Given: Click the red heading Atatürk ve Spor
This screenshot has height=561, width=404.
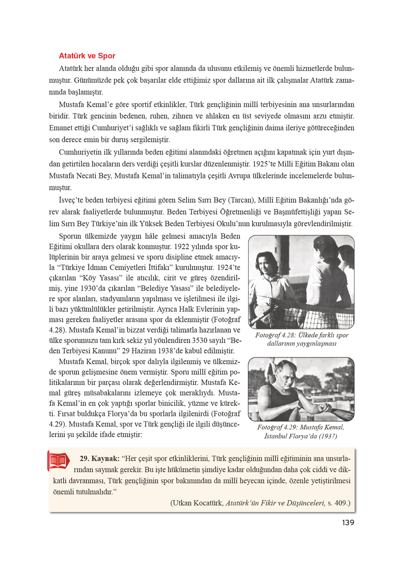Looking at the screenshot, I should (87, 56).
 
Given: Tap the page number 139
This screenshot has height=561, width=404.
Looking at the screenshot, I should (348, 522).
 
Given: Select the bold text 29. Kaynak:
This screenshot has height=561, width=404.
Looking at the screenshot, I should (99, 459).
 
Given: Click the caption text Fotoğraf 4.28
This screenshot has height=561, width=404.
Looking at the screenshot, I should (275, 335).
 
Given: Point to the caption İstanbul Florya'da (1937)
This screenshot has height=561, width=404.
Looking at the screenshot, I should (300, 436).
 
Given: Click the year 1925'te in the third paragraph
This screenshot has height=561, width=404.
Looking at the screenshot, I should (264, 164).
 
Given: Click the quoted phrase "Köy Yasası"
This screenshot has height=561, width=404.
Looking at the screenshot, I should (101, 278).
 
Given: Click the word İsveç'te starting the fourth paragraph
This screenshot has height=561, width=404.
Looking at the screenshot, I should (71, 200).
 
